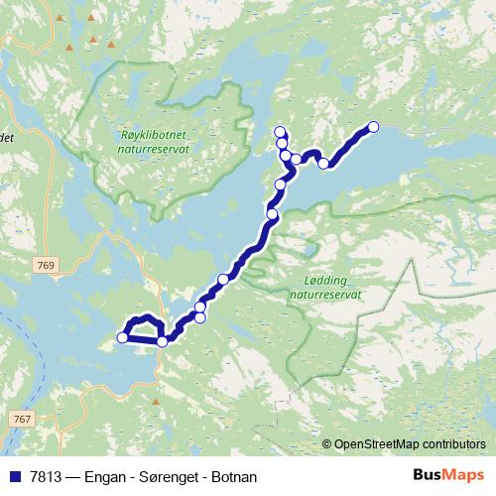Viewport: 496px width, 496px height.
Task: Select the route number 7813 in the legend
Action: point(44,477)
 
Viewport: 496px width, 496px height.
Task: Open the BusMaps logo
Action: point(447,475)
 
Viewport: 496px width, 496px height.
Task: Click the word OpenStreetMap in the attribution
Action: point(376,444)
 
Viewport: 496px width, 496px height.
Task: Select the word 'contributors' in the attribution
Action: point(452,444)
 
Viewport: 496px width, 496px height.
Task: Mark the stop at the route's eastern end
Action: point(374,126)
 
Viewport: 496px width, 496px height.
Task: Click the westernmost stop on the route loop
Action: point(123,338)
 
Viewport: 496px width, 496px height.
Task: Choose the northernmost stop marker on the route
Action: point(279,132)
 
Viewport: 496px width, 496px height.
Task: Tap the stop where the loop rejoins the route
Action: point(163,341)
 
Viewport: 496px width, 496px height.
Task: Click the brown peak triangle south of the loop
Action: point(156,402)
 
